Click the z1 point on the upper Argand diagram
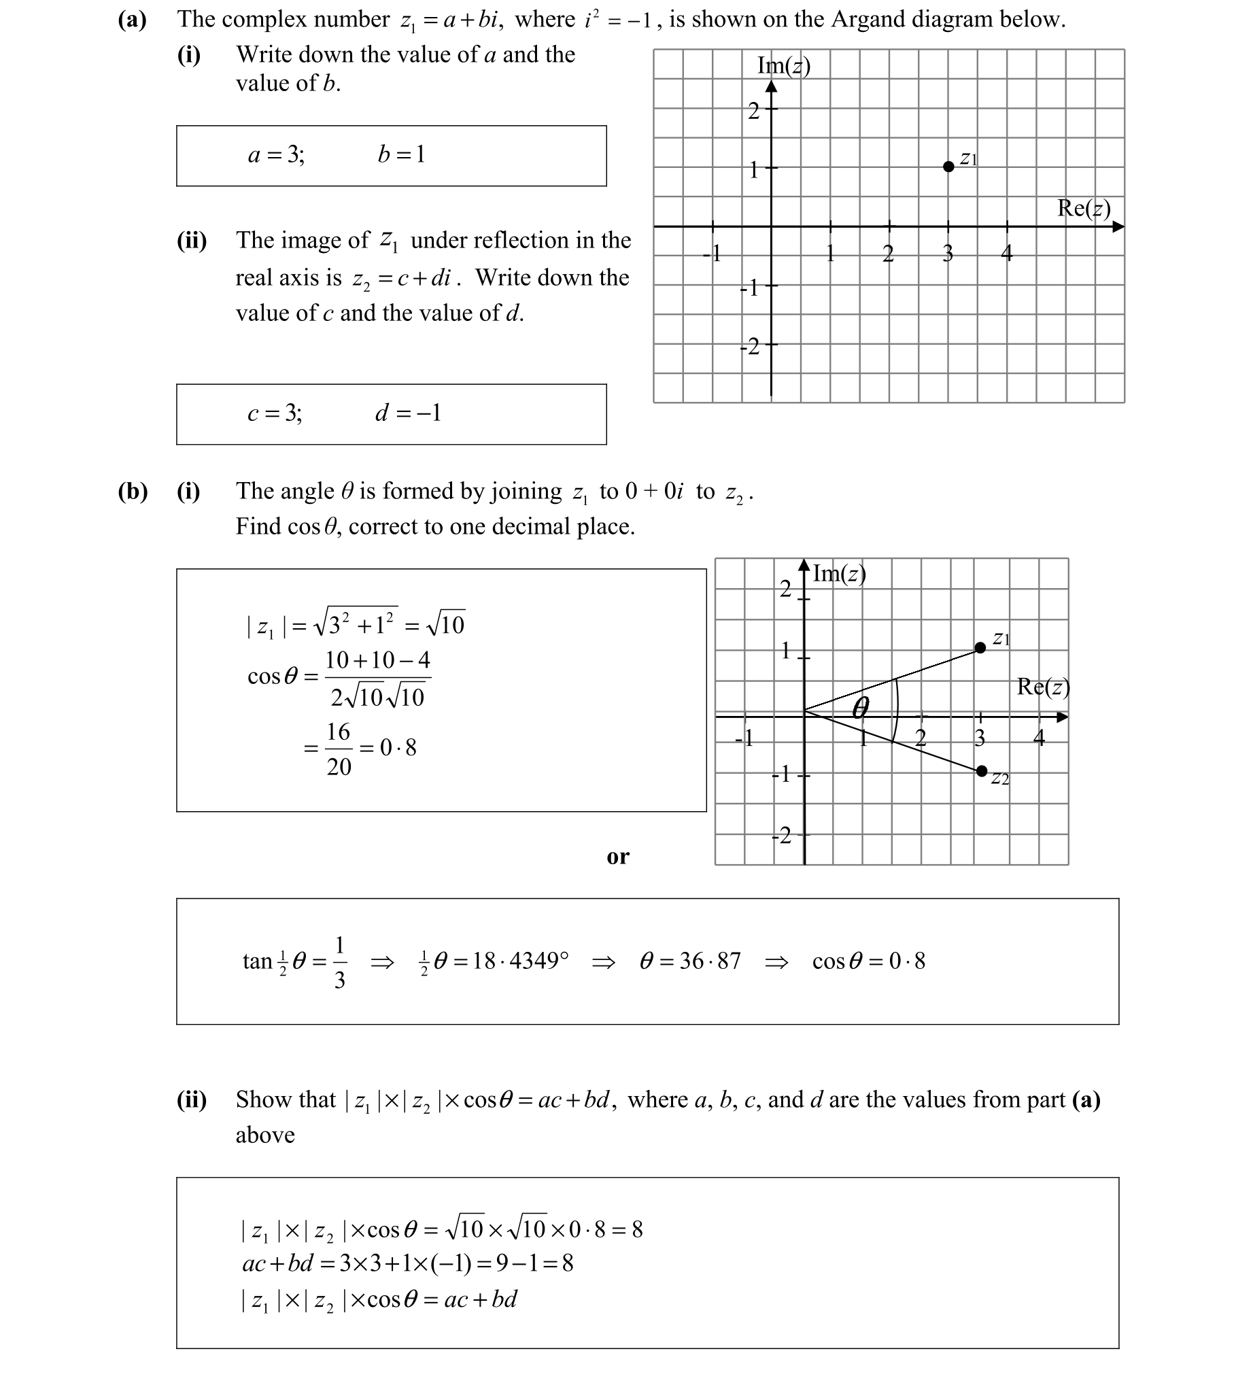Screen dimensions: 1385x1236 pos(948,167)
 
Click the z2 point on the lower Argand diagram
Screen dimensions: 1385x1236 pos(981,770)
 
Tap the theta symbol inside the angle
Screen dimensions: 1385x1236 pos(860,708)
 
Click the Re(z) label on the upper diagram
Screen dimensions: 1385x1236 pos(1084,208)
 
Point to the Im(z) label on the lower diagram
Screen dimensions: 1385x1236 pos(839,575)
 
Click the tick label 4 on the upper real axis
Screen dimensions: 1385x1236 pos(1007,254)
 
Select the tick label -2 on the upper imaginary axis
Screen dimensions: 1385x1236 pos(750,347)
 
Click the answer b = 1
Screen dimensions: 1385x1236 pos(401,155)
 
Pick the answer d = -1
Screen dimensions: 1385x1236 pos(408,413)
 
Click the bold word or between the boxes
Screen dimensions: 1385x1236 pos(618,857)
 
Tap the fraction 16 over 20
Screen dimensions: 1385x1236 pos(339,749)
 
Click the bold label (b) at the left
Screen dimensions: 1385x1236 pos(133,491)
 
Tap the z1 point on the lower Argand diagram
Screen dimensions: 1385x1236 pos(980,647)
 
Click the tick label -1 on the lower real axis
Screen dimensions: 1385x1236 pos(745,738)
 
